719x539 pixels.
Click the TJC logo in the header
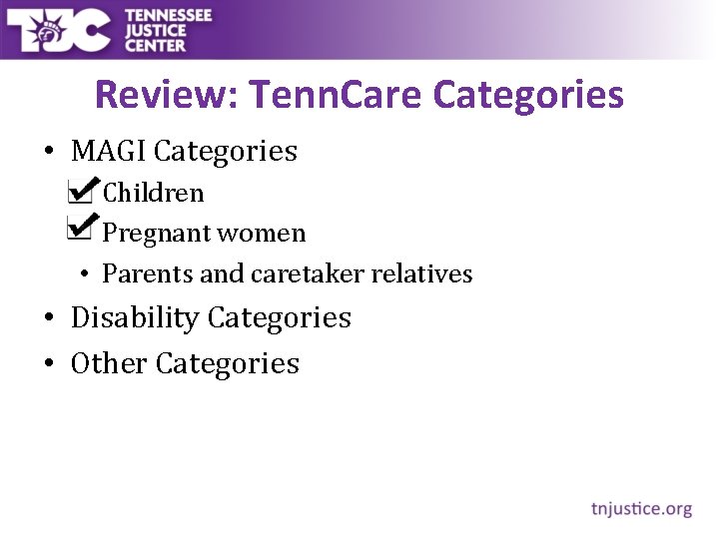point(58,30)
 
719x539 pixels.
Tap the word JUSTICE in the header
point(156,30)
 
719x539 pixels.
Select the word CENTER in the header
point(155,45)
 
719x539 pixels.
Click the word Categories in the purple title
point(529,96)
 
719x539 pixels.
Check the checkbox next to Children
point(80,190)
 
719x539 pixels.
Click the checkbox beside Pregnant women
point(80,229)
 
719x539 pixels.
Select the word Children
point(153,193)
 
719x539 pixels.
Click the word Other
point(109,363)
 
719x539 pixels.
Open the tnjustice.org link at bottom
point(641,509)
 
